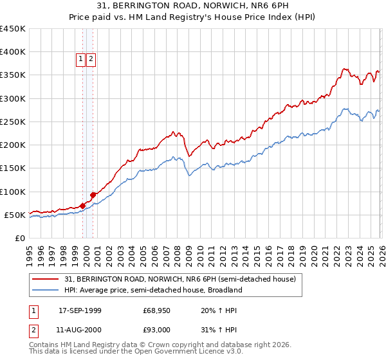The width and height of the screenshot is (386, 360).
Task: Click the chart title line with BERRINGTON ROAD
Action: tap(192, 6)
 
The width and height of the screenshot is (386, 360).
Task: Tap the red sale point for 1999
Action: tap(82, 206)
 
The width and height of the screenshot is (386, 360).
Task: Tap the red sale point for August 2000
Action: tap(93, 194)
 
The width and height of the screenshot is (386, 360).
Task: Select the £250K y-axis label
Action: tap(13, 122)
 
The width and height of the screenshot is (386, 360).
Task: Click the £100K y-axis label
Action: tap(13, 192)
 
